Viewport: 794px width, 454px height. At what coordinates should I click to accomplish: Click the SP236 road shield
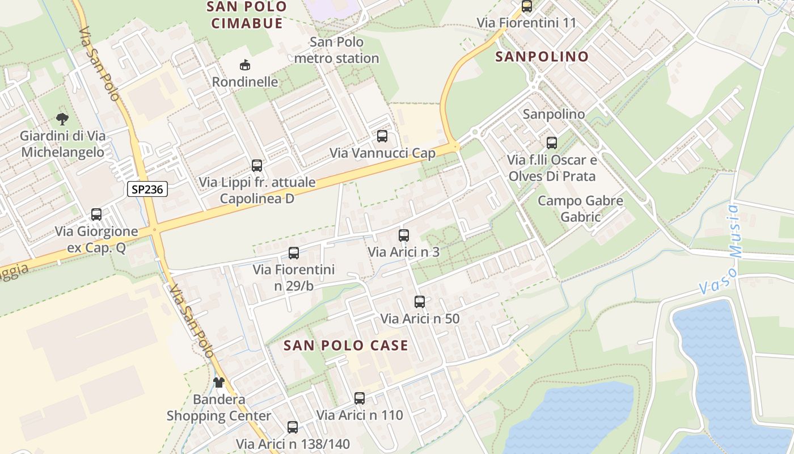[147, 190]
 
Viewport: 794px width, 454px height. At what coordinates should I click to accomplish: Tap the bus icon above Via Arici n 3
[404, 235]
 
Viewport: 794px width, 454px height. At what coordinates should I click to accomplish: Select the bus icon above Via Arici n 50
[420, 302]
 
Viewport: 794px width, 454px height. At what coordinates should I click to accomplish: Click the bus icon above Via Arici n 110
[360, 398]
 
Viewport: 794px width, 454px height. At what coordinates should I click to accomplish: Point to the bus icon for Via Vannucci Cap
[382, 136]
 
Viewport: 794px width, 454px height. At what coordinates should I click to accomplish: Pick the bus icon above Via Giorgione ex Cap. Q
[96, 215]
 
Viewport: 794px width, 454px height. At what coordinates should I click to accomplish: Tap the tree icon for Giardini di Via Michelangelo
[62, 119]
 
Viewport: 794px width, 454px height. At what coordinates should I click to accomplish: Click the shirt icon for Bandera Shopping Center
[219, 382]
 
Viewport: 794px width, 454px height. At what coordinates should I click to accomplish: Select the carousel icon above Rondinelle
[245, 65]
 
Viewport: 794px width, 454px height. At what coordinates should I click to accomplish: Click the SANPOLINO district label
[542, 57]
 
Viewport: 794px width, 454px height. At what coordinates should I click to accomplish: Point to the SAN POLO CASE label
[346, 346]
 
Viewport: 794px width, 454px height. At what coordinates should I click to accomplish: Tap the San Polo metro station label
[337, 50]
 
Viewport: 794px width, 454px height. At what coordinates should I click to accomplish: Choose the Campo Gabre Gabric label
[580, 208]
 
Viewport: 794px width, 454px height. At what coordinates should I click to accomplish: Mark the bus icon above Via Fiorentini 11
[527, 7]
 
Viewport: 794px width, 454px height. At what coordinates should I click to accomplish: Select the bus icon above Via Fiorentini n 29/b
[294, 253]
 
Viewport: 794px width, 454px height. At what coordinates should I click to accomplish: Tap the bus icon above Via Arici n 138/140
[293, 427]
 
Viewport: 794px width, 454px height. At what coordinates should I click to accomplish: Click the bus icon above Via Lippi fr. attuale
[257, 166]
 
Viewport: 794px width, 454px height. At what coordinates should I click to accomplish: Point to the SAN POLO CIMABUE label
[247, 15]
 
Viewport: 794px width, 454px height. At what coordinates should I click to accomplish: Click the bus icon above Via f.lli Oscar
[552, 143]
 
